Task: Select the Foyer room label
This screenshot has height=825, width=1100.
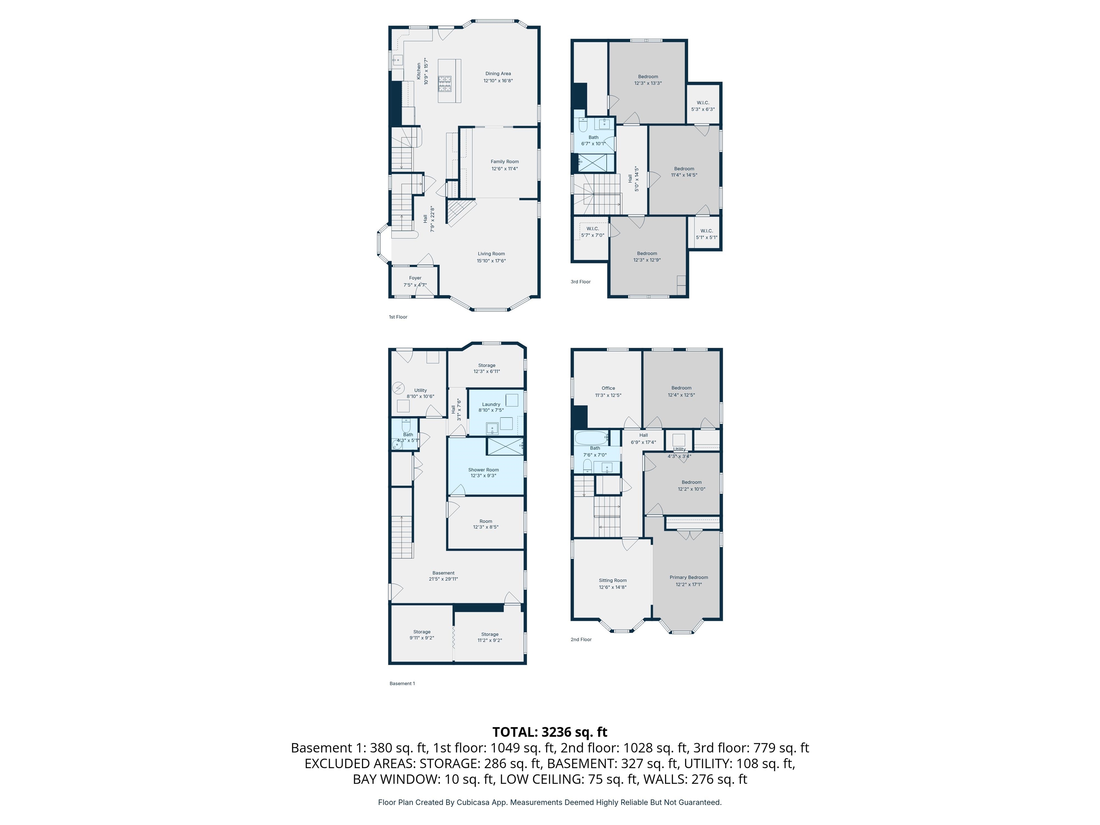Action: click(x=415, y=278)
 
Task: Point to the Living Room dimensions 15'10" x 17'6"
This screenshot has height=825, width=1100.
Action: click(x=491, y=261)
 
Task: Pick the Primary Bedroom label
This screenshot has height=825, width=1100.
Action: click(x=689, y=577)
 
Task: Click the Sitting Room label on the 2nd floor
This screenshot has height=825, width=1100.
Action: click(x=613, y=580)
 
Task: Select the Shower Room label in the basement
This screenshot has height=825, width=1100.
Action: click(x=483, y=470)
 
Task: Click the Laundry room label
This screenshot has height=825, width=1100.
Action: click(x=491, y=404)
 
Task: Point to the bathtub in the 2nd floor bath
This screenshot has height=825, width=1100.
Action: click(x=591, y=438)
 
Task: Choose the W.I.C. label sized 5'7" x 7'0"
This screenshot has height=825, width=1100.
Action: click(x=593, y=229)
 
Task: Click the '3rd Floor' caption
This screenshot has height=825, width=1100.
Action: click(x=580, y=282)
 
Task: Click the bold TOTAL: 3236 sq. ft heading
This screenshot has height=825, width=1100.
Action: click(x=550, y=732)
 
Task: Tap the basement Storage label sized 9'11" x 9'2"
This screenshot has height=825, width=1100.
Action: click(x=422, y=632)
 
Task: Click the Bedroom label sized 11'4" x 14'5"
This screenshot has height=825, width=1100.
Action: click(x=684, y=169)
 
